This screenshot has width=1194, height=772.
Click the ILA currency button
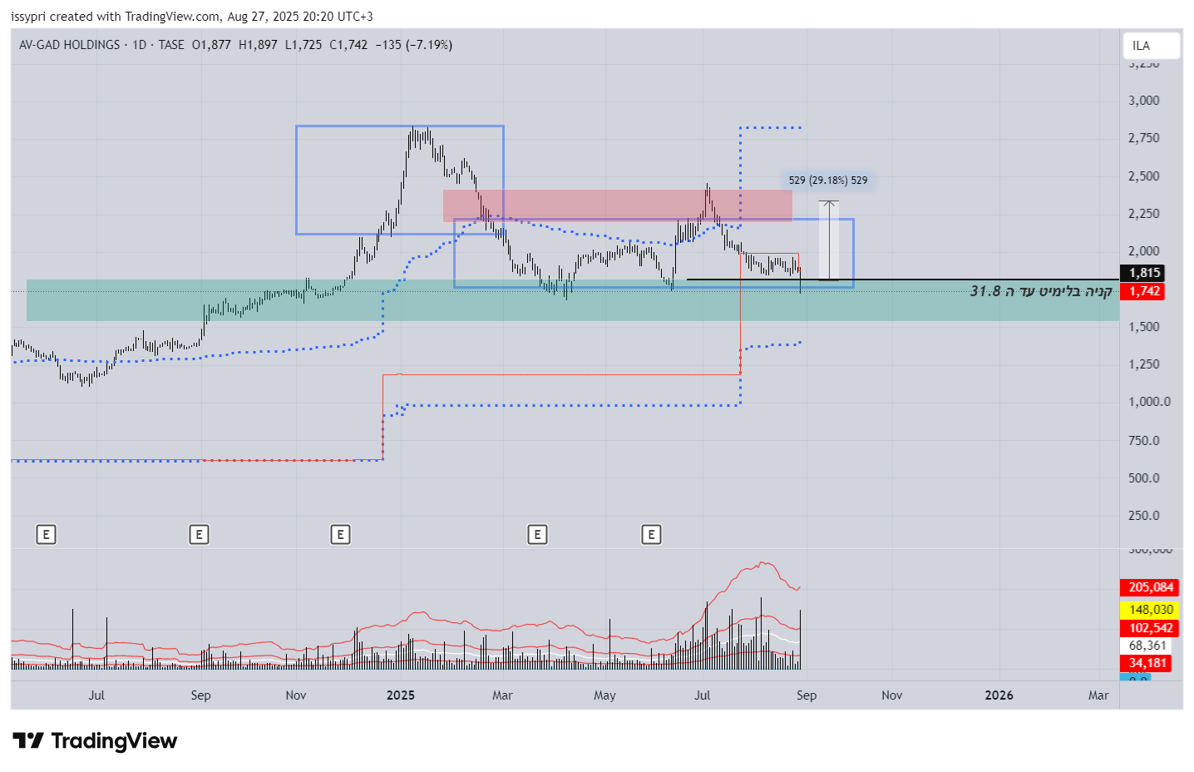pos(1151,46)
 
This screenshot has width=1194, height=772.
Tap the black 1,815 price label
pos(1144,273)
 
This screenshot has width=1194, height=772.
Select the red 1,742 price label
pos(1144,291)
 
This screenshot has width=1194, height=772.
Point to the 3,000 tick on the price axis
pos(1143,101)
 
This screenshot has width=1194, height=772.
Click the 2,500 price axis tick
pos(1143,176)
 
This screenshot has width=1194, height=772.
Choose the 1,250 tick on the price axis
pos(1143,364)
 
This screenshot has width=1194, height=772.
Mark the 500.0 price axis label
pos(1143,478)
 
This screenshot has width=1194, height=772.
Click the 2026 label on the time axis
pos(999,695)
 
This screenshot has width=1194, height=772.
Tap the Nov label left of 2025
pos(296,695)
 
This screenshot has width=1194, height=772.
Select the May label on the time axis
pos(604,695)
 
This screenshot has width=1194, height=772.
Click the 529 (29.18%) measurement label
pos(827,181)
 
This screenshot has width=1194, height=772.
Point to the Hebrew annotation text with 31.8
pos(1041,291)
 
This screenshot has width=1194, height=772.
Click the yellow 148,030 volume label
pos(1151,610)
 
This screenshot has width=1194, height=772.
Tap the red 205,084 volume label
pos(1151,587)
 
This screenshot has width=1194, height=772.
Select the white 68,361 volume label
pos(1147,646)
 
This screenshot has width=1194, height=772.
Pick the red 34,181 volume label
pos(1147,663)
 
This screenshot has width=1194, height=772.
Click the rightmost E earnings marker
pos(652,534)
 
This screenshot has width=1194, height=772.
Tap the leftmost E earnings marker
pos(47,534)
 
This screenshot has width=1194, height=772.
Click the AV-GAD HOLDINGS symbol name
pos(70,45)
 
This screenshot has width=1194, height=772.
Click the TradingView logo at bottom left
pos(96,740)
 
